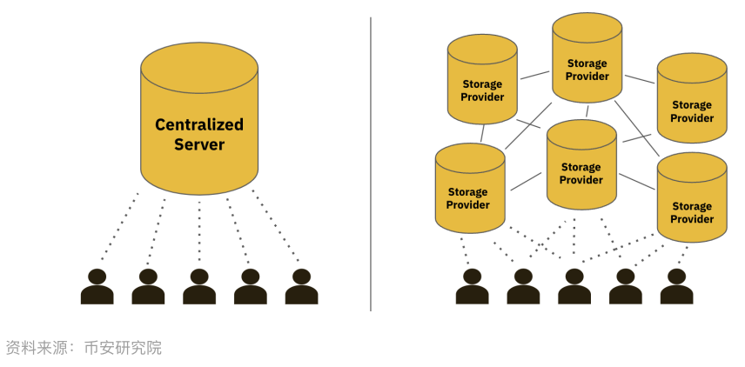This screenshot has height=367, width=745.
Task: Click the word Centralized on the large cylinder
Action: [199, 124]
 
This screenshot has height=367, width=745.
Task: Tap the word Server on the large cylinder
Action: [199, 144]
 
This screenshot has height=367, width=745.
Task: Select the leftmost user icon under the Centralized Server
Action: [97, 287]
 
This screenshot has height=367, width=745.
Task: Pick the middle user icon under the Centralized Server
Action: [199, 287]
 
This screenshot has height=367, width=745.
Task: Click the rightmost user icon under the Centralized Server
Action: [301, 287]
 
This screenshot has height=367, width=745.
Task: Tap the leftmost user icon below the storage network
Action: [472, 287]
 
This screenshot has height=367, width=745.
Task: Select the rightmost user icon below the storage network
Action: [676, 287]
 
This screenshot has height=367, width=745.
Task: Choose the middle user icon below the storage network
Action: [574, 287]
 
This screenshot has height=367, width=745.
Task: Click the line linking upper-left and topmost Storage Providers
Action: [534, 75]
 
